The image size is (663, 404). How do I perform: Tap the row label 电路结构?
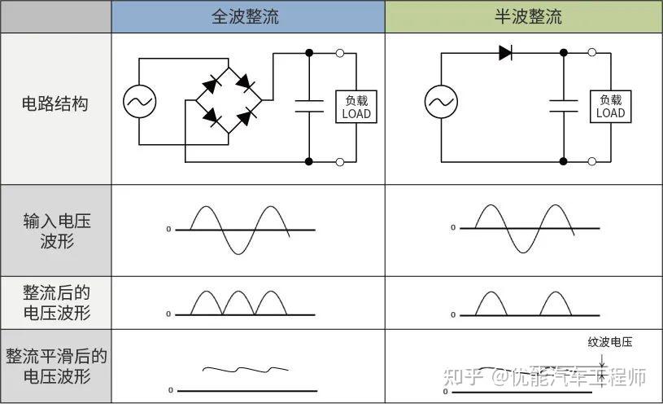click(x=55, y=104)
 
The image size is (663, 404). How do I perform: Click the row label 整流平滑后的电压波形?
click(x=56, y=367)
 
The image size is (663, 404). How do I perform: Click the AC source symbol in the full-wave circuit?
click(x=140, y=102)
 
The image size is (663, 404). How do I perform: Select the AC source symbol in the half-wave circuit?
click(x=441, y=102)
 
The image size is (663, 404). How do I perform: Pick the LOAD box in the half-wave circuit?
click(x=610, y=107)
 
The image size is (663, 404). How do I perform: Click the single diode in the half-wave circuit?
click(x=505, y=53)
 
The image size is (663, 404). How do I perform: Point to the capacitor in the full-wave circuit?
click(x=309, y=103)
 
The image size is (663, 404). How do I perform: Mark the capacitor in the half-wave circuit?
click(x=563, y=103)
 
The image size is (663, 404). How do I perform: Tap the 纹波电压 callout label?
click(x=609, y=342)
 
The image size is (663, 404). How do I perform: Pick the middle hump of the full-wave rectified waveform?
click(x=240, y=304)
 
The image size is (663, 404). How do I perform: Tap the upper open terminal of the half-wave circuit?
click(x=592, y=54)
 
